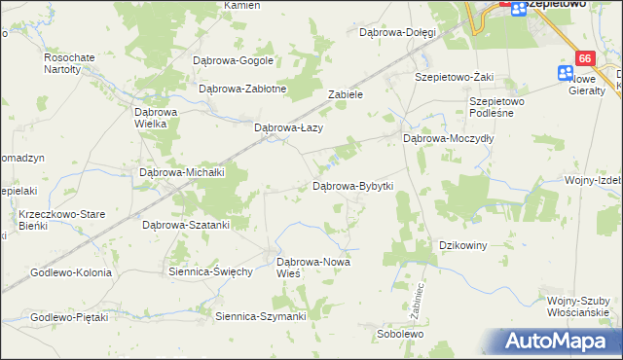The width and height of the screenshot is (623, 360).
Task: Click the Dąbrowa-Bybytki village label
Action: tap(351, 185)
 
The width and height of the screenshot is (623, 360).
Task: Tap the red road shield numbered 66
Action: tap(585, 58)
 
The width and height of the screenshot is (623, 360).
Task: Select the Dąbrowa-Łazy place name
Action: tap(287, 127)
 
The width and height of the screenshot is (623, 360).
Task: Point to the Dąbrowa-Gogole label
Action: tap(235, 60)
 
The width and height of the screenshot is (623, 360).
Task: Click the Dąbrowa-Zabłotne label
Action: tap(242, 89)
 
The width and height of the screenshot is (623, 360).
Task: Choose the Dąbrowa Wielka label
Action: tap(155, 118)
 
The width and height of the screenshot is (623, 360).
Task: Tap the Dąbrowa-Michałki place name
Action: tap(183, 172)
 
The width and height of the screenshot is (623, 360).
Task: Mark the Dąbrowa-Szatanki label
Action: tap(186, 225)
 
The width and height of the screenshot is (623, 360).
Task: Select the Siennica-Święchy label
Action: tap(210, 271)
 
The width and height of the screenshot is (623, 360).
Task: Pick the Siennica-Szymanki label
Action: tap(261, 316)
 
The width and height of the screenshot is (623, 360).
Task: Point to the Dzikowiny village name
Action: tap(463, 245)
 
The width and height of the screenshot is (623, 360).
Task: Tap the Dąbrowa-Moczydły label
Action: tap(449, 139)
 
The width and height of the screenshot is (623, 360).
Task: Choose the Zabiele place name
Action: tap(346, 95)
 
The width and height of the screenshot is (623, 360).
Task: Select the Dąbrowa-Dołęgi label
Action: tap(397, 32)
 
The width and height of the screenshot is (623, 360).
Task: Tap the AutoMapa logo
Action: tap(558, 342)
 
